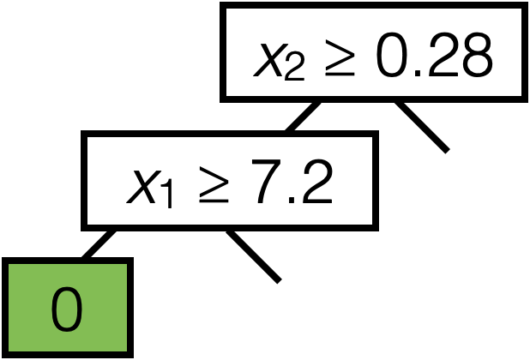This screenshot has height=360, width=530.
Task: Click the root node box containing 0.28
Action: pos(373,52)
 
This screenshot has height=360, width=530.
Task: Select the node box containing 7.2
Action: pos(230,180)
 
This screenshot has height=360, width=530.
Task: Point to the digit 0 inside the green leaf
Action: pos(68,309)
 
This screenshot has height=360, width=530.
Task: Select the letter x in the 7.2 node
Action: pos(140,186)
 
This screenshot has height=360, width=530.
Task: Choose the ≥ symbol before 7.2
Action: pos(210,185)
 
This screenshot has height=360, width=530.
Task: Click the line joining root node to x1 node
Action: pos(302,116)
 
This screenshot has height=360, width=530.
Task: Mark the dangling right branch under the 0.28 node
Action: pos(421,126)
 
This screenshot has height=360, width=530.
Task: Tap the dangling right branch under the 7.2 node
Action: pos(254,255)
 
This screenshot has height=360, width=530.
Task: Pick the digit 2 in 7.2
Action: pos(315,183)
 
